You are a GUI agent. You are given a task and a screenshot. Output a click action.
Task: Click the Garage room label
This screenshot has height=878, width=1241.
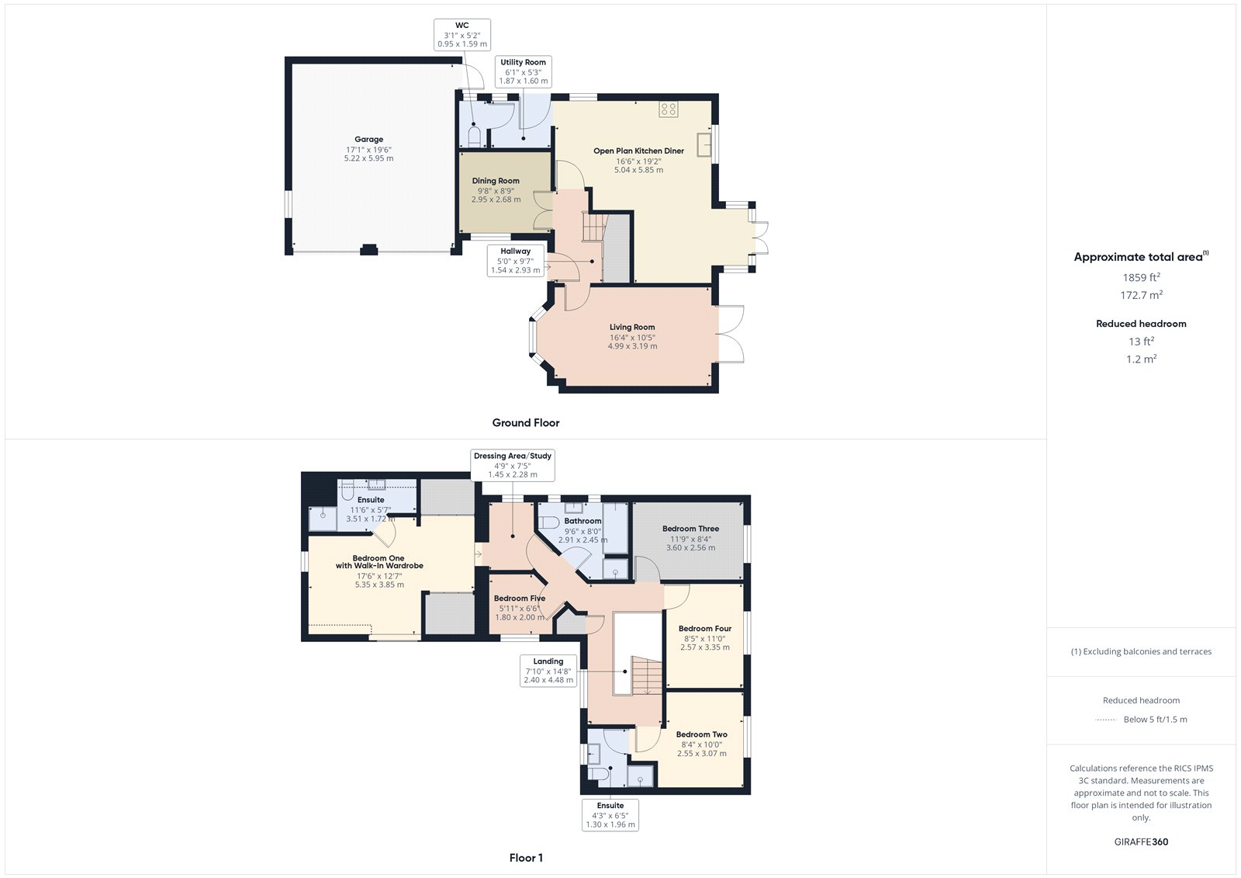368,140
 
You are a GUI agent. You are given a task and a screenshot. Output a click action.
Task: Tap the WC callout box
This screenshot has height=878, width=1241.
462,35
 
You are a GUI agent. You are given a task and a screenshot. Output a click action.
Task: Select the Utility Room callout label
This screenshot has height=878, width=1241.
524,71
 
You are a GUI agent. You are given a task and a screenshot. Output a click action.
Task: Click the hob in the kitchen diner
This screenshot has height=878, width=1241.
669,109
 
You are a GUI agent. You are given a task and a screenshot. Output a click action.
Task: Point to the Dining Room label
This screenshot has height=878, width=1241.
496,181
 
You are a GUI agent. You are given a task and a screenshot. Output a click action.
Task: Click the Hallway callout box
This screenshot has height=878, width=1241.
515,261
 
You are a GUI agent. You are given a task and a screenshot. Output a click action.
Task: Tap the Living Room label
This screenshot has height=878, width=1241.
632,328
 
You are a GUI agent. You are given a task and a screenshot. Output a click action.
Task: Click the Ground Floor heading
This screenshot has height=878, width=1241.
526,423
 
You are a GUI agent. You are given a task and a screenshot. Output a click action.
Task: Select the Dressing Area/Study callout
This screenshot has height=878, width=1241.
513,465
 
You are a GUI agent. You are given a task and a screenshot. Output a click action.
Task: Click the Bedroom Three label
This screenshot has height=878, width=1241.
690,529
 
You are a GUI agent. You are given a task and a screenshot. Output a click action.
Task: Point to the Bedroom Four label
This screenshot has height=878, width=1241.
705,629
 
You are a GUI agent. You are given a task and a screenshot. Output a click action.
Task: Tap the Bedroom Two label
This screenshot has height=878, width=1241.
701,734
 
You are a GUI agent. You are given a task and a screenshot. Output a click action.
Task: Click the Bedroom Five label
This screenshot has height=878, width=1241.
520,599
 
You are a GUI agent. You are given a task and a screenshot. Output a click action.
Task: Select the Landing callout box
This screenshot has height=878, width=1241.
548,671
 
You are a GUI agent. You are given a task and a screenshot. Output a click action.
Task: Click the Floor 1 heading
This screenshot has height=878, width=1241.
526,858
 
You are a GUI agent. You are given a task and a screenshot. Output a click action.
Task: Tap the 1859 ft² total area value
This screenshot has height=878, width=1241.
1141,277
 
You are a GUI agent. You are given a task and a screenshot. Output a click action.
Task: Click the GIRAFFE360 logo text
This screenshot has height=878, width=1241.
1141,842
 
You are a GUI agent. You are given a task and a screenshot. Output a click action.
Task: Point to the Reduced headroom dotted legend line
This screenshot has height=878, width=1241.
1105,720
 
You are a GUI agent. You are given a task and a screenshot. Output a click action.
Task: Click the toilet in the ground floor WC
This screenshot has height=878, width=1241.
475,138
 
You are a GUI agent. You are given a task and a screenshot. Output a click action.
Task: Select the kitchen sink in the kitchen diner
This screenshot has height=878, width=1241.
704,145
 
